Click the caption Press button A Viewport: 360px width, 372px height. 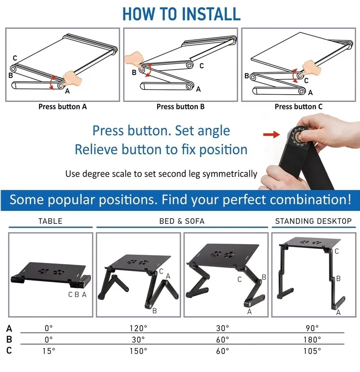62,107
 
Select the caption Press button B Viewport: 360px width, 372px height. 180,107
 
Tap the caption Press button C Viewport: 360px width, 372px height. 298,107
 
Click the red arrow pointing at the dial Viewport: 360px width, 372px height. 272,135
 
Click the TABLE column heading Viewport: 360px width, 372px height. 50,222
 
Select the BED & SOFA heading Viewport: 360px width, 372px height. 182,222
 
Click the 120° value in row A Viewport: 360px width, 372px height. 138,328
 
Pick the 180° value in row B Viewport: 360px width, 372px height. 312,339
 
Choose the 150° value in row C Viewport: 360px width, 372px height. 138,351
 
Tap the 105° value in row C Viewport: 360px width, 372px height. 312,351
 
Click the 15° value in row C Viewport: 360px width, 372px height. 48,351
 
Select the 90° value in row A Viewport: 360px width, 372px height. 312,328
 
